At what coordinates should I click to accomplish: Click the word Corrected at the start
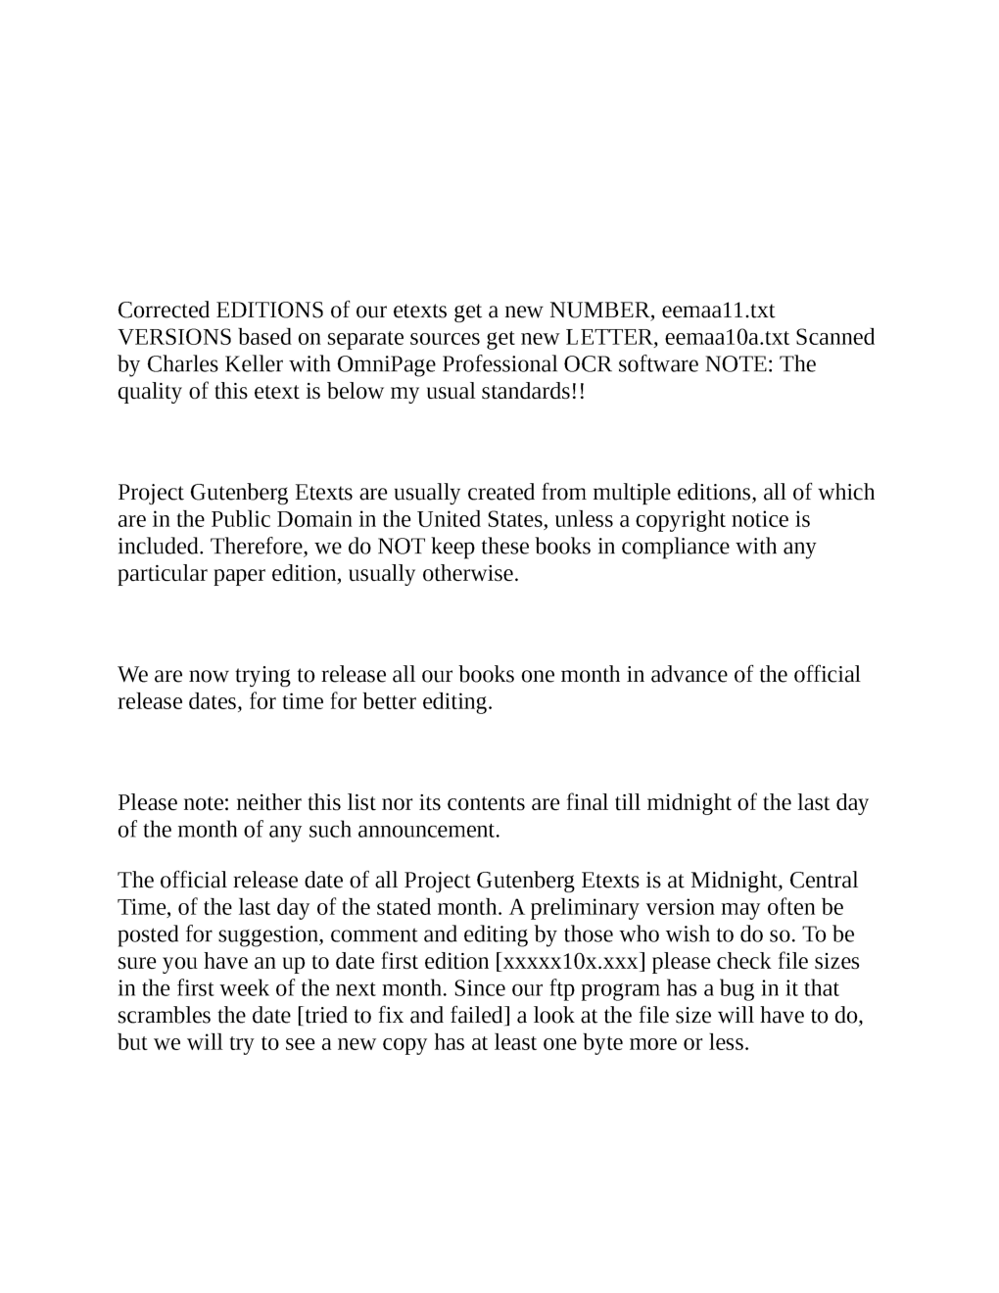tap(163, 311)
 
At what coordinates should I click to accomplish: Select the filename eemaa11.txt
tap(718, 311)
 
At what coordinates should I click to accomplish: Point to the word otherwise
tap(470, 574)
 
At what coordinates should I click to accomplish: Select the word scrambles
tap(163, 1016)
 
